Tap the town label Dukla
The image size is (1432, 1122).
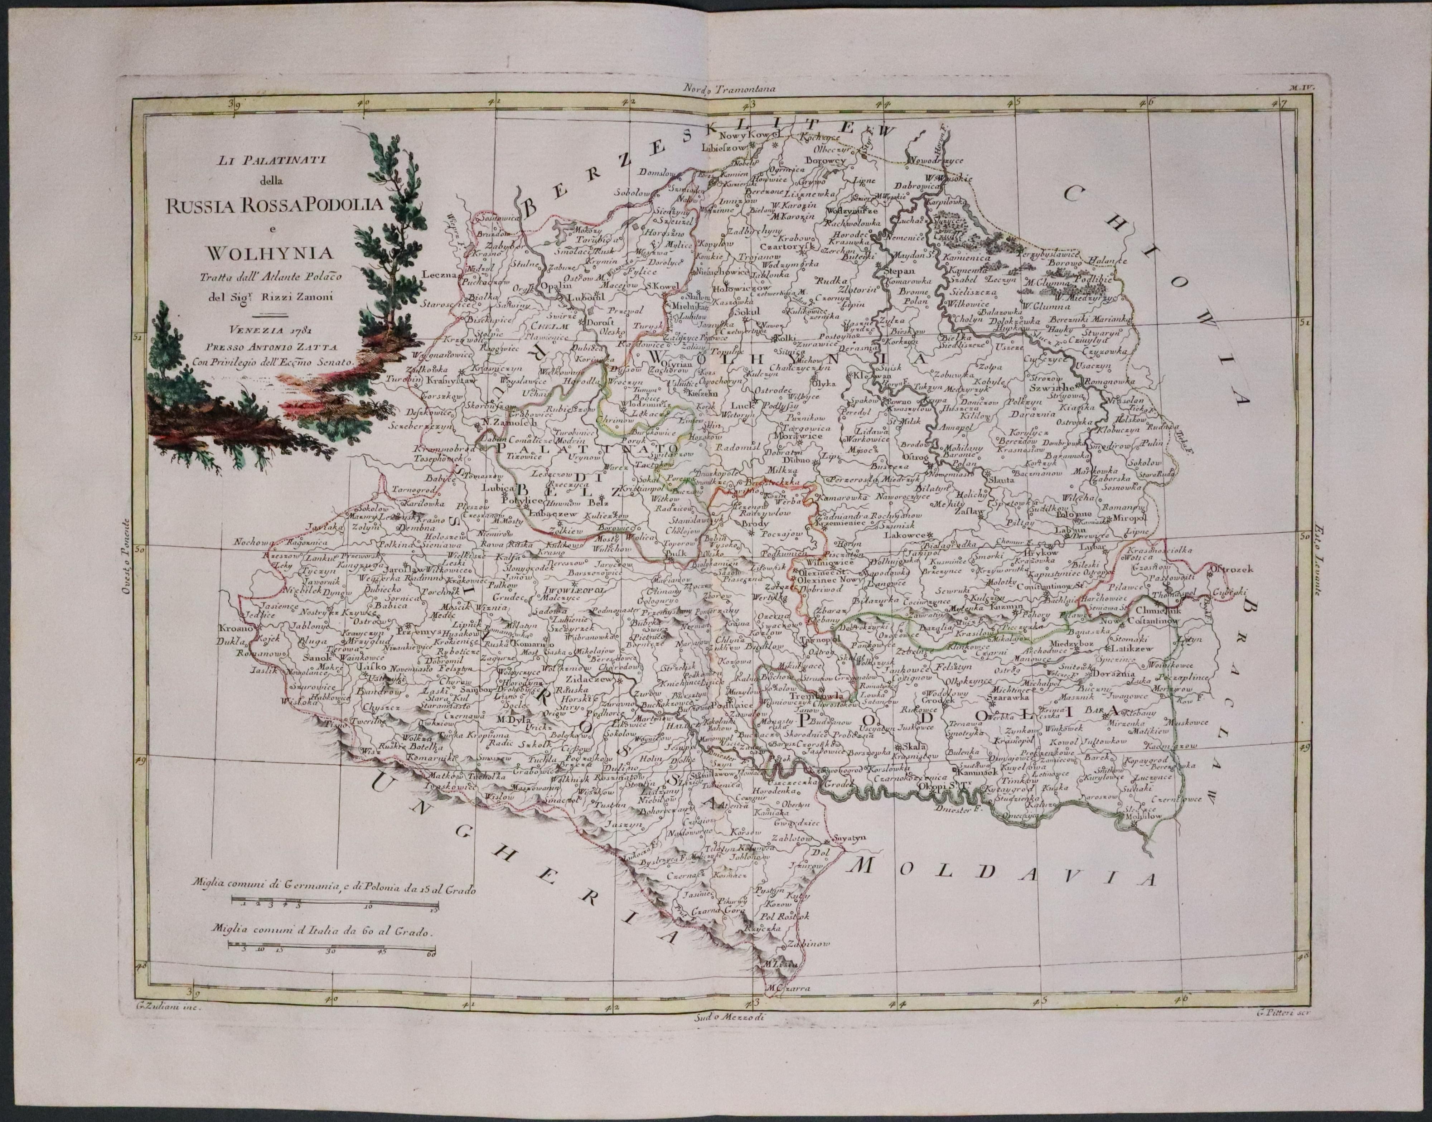(x=233, y=636)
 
